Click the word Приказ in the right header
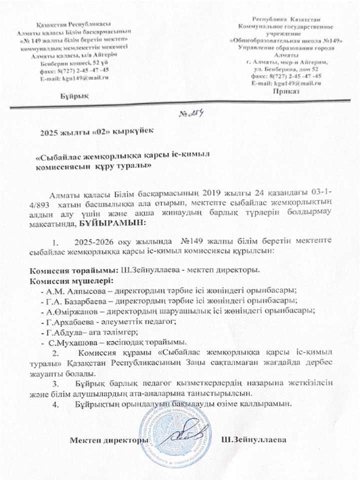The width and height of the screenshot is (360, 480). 286,92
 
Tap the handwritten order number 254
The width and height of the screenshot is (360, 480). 190,113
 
